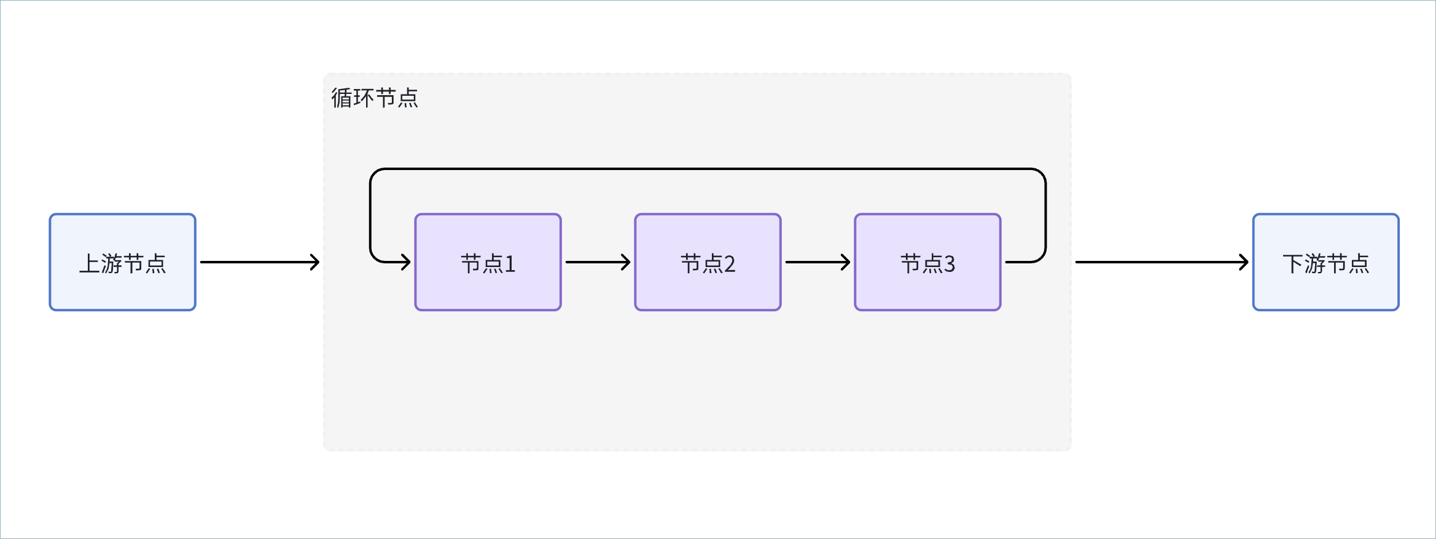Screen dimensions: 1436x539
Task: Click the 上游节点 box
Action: pyautogui.click(x=122, y=262)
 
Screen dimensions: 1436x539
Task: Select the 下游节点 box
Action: pyautogui.click(x=1326, y=262)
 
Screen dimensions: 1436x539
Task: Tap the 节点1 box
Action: pyautogui.click(x=488, y=262)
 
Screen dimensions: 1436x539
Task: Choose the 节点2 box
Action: pyautogui.click(x=708, y=262)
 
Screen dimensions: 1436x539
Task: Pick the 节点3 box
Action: pyautogui.click(x=928, y=262)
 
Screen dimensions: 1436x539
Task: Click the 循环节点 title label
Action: pyautogui.click(x=375, y=98)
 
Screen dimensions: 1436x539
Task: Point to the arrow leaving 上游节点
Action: pyautogui.click(x=260, y=262)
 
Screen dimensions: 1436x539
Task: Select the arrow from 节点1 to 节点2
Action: pyautogui.click(x=598, y=262)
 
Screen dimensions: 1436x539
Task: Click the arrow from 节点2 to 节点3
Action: pyautogui.click(x=818, y=262)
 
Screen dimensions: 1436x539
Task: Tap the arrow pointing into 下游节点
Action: pyautogui.click(x=1162, y=262)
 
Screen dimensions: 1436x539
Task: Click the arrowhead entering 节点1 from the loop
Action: pyautogui.click(x=406, y=262)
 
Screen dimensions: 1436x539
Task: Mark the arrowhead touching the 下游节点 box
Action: pyautogui.click(x=1244, y=262)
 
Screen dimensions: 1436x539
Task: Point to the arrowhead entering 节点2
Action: pyautogui.click(x=626, y=262)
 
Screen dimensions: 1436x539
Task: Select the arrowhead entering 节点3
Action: pyautogui.click(x=846, y=262)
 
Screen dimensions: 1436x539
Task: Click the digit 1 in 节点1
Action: pyautogui.click(x=510, y=264)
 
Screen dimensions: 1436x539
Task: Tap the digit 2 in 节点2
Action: pyautogui.click(x=730, y=264)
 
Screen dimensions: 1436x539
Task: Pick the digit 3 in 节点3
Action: pyautogui.click(x=950, y=264)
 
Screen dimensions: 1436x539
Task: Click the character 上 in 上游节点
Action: pyautogui.click(x=90, y=263)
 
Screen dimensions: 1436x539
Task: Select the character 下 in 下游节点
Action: pyautogui.click(x=1294, y=263)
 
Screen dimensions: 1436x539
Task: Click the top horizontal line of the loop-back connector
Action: pyautogui.click(x=708, y=169)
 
